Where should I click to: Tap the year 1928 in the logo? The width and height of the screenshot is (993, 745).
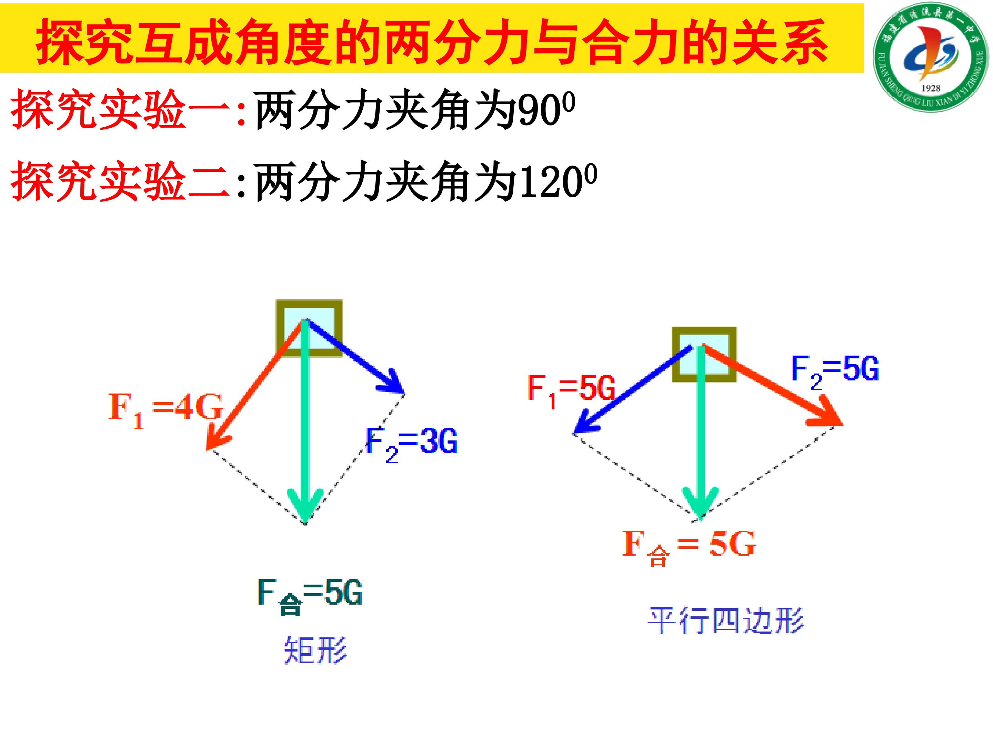(x=930, y=88)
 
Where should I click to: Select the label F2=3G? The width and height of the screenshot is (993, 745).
(x=412, y=444)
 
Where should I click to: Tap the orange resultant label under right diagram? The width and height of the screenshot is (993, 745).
(x=689, y=547)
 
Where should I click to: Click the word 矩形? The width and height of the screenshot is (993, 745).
(x=315, y=650)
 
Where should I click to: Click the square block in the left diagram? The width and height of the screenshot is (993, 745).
(x=309, y=328)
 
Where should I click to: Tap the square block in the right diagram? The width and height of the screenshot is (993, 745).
(x=704, y=355)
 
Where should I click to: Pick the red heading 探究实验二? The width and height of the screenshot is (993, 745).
(x=120, y=182)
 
